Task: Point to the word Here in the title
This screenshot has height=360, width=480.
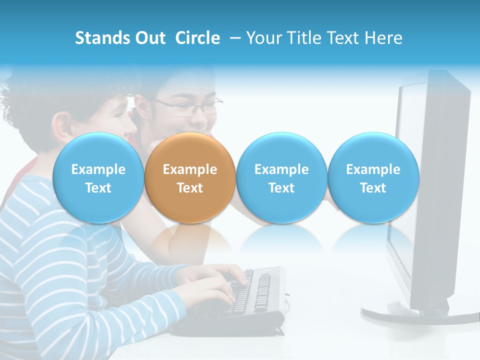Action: (x=384, y=38)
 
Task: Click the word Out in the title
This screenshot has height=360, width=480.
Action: (x=150, y=38)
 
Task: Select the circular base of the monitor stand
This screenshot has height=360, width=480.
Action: (x=415, y=315)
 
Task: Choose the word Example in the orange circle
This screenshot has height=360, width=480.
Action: (x=189, y=169)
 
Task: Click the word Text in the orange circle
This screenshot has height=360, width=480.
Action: (x=189, y=188)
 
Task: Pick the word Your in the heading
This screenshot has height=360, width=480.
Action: (x=262, y=38)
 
